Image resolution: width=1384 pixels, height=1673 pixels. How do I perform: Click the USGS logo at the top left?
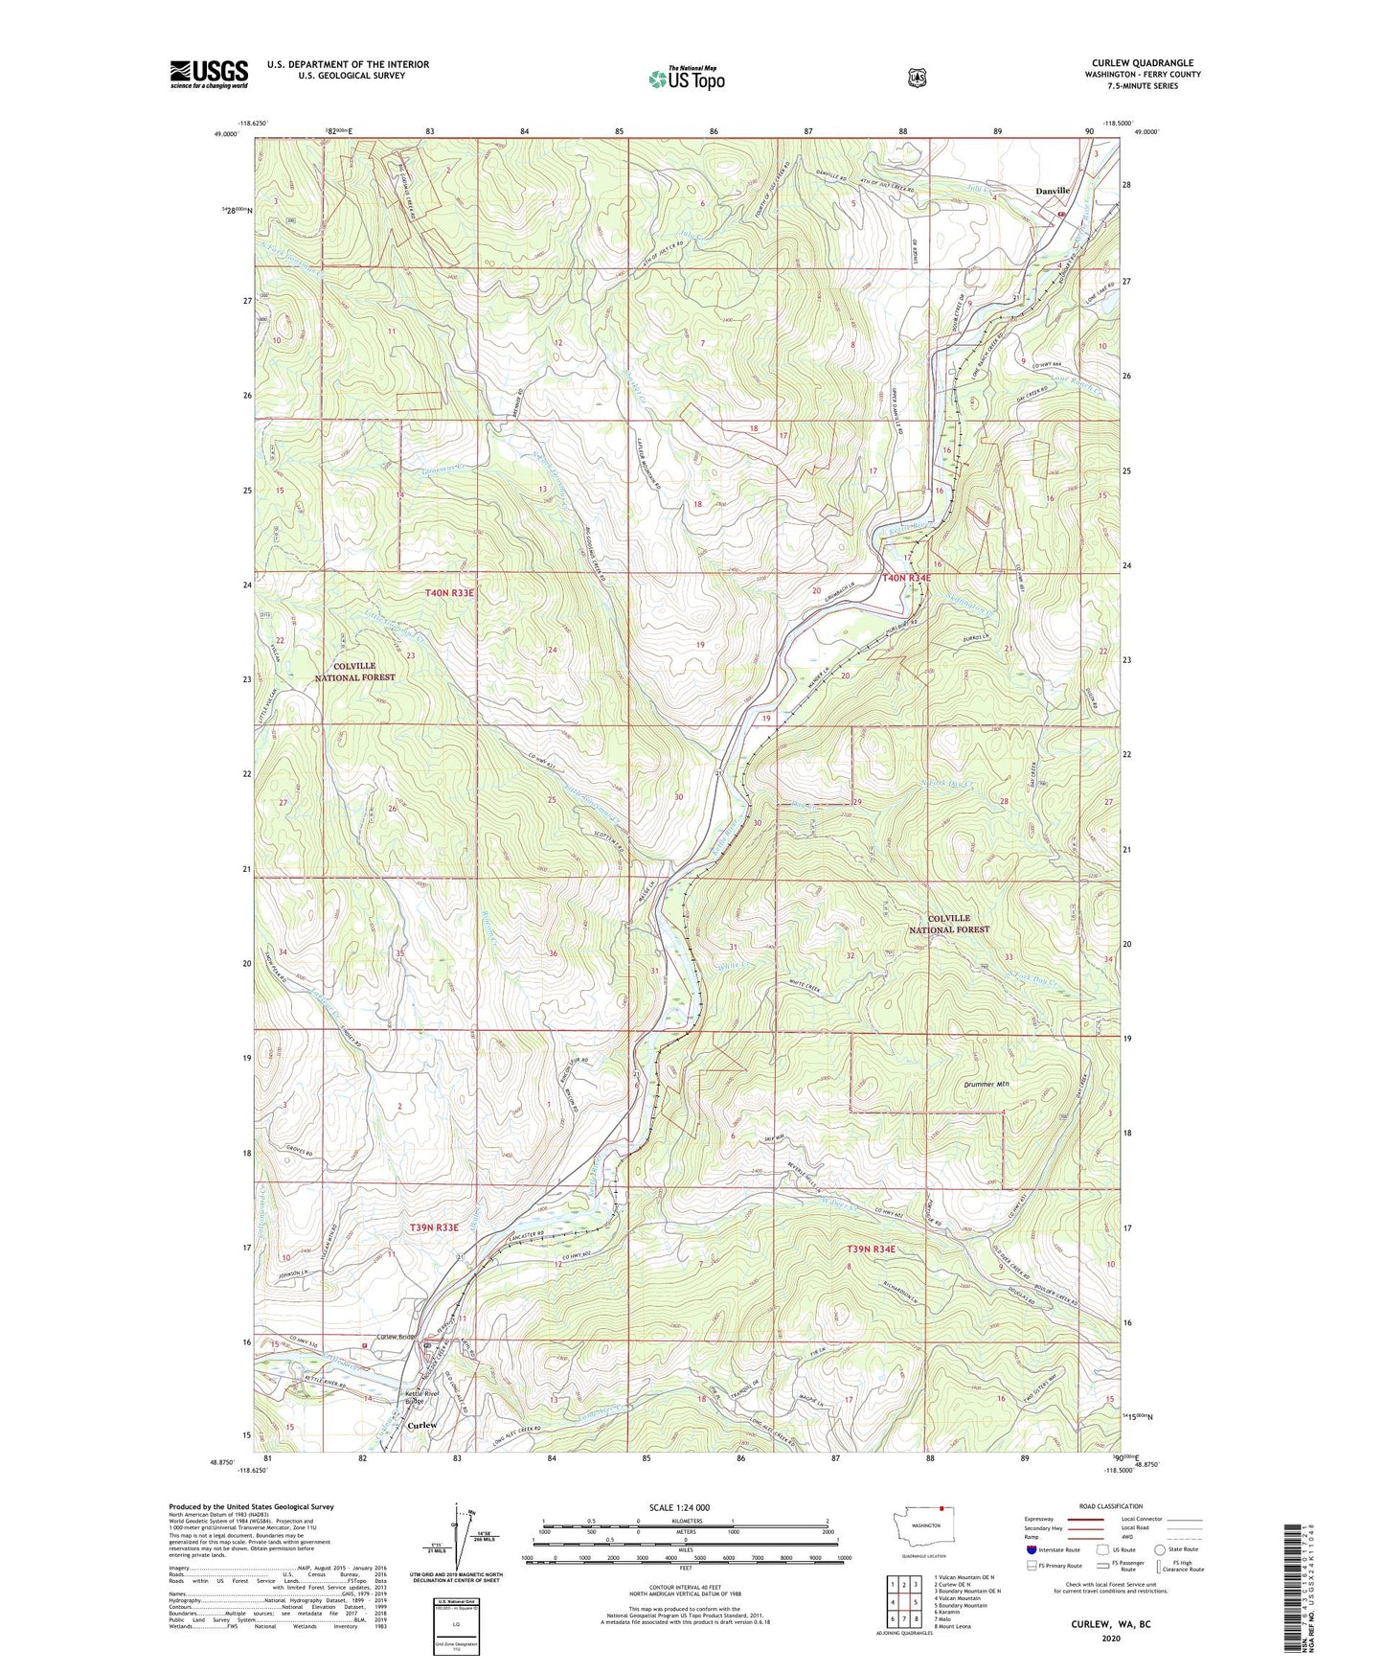209,74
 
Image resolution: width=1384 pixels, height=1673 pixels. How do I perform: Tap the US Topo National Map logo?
686,79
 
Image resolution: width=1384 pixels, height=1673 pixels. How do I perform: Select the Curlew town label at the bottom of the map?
423,1425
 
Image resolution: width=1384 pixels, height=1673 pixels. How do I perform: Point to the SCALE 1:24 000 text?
679,1507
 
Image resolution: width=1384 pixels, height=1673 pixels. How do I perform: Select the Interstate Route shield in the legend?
1031,1549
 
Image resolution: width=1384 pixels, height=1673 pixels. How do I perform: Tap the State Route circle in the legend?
1160,1549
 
